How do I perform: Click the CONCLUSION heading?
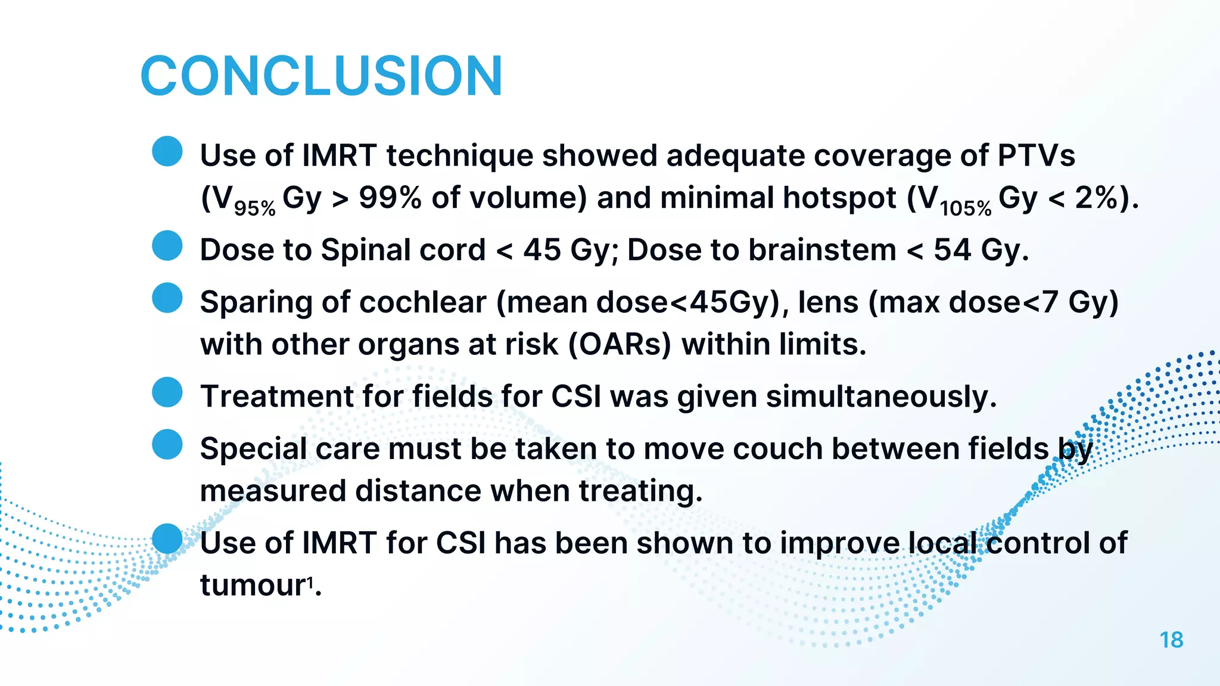[x=322, y=76]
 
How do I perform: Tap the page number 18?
[x=1171, y=640]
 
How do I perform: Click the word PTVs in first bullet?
[x=1036, y=156]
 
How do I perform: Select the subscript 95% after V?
[x=254, y=208]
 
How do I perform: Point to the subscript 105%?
[x=966, y=208]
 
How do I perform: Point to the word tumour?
[x=253, y=586]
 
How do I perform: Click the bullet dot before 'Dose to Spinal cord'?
[x=167, y=246]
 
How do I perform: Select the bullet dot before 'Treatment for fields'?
[x=167, y=392]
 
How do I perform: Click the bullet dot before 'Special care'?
[x=167, y=445]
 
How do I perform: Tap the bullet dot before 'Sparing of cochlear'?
[x=167, y=298]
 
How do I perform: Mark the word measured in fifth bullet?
[x=273, y=492]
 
